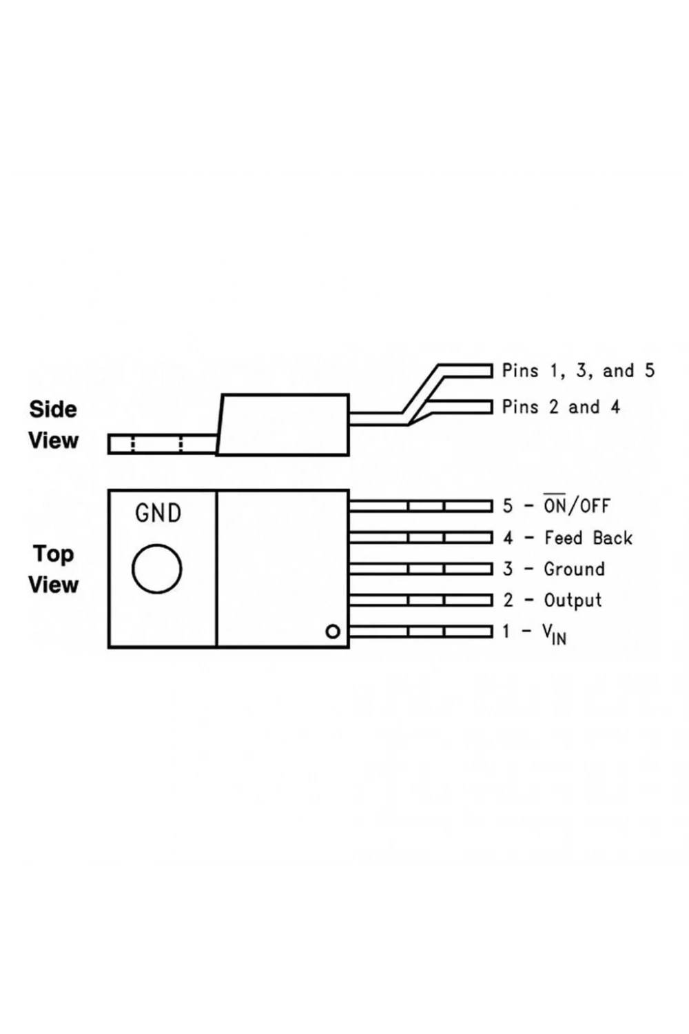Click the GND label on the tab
(158, 513)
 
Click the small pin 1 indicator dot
(333, 631)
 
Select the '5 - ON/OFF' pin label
(556, 505)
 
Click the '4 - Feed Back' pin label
(567, 538)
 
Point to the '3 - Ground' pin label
(553, 569)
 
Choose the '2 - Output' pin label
(552, 600)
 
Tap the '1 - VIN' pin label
(534, 633)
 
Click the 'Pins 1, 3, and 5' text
(578, 371)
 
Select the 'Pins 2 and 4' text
(561, 407)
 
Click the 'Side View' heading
(53, 425)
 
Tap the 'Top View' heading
(53, 569)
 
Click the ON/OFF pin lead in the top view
(420, 507)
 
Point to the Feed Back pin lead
(420, 538)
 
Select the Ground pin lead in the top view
(420, 569)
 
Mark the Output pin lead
(420, 600)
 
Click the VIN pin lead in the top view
(420, 631)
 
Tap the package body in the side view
(283, 425)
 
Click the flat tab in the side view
(162, 444)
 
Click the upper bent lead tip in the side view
(492, 371)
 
